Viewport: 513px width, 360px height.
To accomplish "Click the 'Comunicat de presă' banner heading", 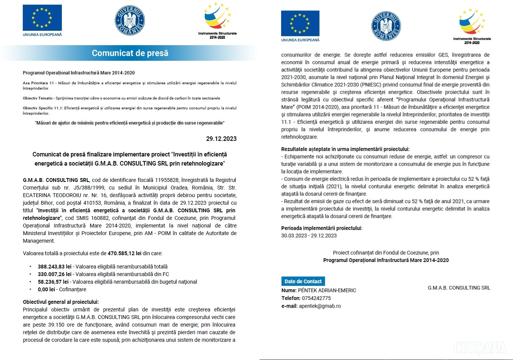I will pos(130,53).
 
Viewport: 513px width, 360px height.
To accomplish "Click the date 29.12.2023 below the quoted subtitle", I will pos(221,139).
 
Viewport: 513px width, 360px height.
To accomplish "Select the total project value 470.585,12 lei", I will pos(124,253).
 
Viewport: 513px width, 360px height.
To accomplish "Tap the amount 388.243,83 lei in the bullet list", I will pos(55,267).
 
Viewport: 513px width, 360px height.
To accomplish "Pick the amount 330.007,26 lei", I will pos(55,274).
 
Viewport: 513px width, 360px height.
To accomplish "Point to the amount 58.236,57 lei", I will pos(53,282).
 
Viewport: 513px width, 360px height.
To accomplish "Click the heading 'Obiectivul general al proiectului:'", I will pos(61,302).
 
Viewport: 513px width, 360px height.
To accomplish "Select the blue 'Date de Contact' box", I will pos(303,281).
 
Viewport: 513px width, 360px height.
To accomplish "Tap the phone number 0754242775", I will pos(316,298).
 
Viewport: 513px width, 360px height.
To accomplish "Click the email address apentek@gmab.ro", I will pos(319,306).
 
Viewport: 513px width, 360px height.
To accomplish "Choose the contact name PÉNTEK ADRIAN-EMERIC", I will pos(327,290).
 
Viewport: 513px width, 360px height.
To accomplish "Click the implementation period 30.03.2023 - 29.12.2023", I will pos(309,235).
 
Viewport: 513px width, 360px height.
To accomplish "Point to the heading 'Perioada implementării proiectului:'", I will pos(322,228).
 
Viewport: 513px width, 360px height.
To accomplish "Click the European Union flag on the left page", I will pos(42,18).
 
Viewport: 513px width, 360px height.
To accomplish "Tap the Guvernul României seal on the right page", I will pos(386,26).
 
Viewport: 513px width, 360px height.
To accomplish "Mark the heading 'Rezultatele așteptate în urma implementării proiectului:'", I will pos(345,149).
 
